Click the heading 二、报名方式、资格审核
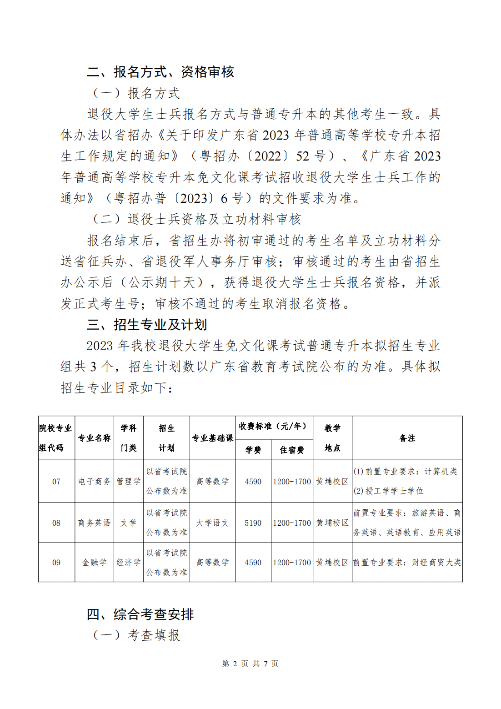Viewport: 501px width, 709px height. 160,72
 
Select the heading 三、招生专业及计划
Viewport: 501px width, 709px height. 146,325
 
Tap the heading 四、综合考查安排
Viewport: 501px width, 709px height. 140,614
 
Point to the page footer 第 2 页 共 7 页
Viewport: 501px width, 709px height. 250,664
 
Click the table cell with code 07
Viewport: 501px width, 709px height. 56,482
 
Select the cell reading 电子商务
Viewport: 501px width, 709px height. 94,482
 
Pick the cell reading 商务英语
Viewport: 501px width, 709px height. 94,523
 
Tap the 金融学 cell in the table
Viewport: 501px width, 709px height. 94,563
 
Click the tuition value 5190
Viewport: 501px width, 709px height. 253,523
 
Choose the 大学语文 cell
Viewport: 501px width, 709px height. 212,523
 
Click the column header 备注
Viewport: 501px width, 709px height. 407,438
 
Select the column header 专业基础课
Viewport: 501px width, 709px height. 212,438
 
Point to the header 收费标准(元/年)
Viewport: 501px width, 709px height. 273,427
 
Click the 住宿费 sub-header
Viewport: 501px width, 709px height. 291,450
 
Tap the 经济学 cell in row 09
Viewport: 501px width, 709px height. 129,563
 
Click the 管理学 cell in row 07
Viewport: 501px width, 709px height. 129,482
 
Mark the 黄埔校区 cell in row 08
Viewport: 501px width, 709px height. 332,523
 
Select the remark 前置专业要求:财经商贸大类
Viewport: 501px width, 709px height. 407,563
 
